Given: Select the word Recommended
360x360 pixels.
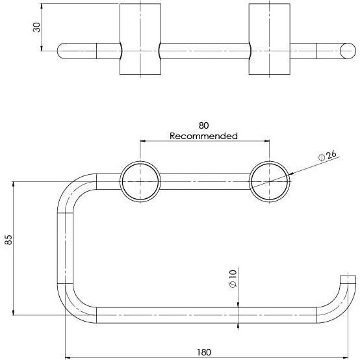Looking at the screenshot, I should [203, 136].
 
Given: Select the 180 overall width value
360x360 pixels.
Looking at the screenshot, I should [203, 352].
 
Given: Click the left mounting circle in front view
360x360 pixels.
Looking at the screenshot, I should [140, 182].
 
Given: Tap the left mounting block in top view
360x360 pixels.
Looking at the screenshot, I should [140, 39].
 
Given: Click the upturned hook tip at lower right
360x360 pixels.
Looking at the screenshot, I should [350, 281].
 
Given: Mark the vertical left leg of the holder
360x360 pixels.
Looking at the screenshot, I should [65, 247].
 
